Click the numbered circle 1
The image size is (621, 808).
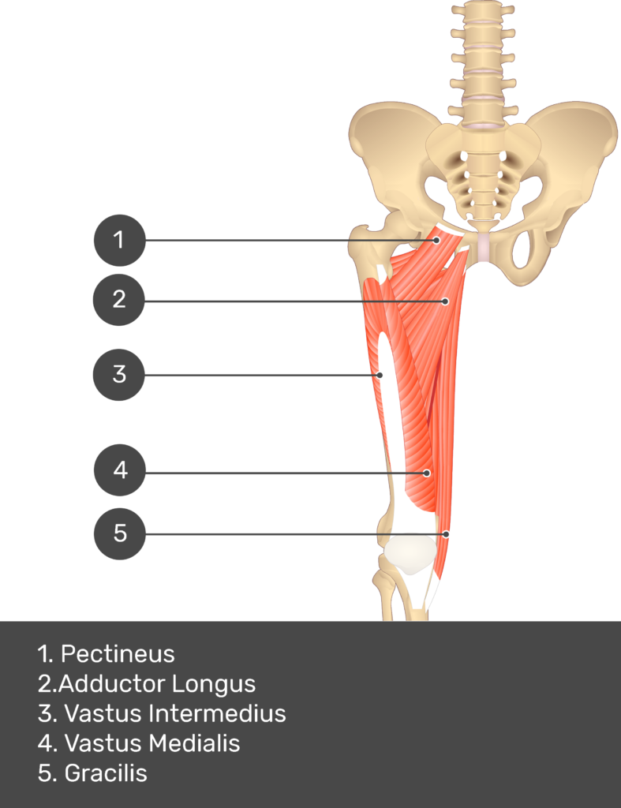(x=120, y=240)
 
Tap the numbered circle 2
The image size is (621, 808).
(x=119, y=299)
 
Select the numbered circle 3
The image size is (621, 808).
(x=119, y=375)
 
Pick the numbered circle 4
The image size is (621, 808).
(x=120, y=470)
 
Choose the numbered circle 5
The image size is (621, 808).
(x=120, y=534)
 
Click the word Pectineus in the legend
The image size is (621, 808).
(x=118, y=654)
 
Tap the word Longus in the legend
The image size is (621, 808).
(x=213, y=684)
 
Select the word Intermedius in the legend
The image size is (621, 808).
(x=217, y=713)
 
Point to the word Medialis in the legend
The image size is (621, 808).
(x=194, y=743)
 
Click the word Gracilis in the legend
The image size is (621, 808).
(x=106, y=773)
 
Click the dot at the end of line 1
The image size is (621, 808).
(x=436, y=240)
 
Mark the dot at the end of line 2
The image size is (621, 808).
(x=445, y=301)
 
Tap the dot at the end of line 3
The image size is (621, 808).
(x=380, y=375)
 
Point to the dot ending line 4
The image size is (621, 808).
(x=427, y=473)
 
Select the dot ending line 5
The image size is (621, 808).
(x=447, y=534)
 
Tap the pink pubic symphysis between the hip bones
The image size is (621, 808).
(x=484, y=247)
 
